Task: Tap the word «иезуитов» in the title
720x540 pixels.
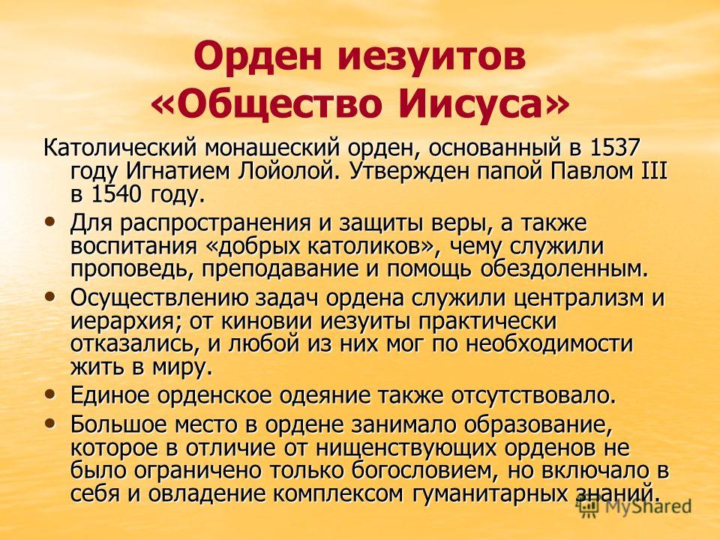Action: pyautogui.click(x=432, y=57)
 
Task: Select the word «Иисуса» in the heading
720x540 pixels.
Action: pyautogui.click(x=475, y=103)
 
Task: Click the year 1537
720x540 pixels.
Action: pyautogui.click(x=613, y=148)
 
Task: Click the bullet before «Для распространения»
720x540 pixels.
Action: pyautogui.click(x=52, y=222)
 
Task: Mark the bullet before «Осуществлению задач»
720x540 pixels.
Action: pyautogui.click(x=52, y=297)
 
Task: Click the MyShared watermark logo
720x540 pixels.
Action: pyautogui.click(x=634, y=506)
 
